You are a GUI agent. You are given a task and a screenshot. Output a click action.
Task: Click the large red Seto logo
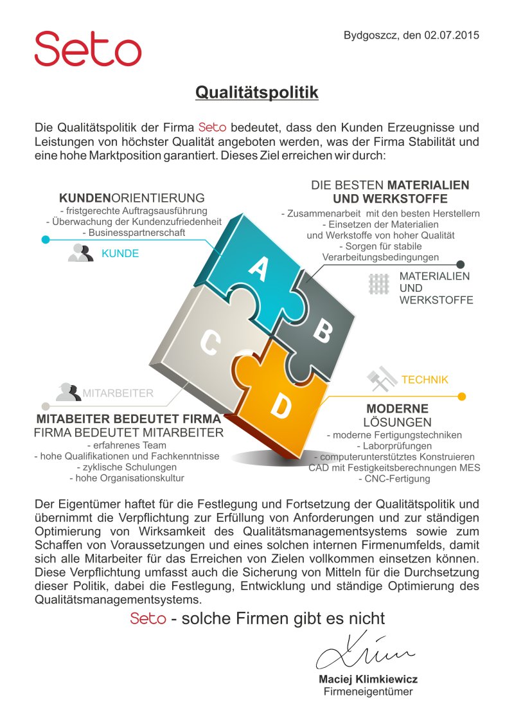87,49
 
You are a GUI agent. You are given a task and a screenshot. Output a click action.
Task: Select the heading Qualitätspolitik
257,93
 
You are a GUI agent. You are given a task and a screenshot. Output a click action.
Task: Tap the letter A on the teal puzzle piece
258,269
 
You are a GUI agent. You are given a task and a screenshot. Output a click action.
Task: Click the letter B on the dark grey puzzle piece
323,331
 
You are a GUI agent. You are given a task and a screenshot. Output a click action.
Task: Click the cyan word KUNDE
120,254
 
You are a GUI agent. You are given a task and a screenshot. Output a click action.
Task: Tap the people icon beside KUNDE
81,253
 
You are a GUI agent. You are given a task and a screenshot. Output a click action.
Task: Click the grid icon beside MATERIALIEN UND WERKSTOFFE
380,283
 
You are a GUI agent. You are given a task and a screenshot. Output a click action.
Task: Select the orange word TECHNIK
425,380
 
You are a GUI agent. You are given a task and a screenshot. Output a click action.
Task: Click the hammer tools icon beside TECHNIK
382,379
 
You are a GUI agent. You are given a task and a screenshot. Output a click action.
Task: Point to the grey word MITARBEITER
118,393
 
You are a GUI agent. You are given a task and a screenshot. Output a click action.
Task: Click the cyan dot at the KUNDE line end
46,240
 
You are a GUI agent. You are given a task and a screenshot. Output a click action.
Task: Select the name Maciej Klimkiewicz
368,679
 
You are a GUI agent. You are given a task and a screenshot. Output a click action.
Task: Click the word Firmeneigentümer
368,692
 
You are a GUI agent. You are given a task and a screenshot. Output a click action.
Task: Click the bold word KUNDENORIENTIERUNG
132,198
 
